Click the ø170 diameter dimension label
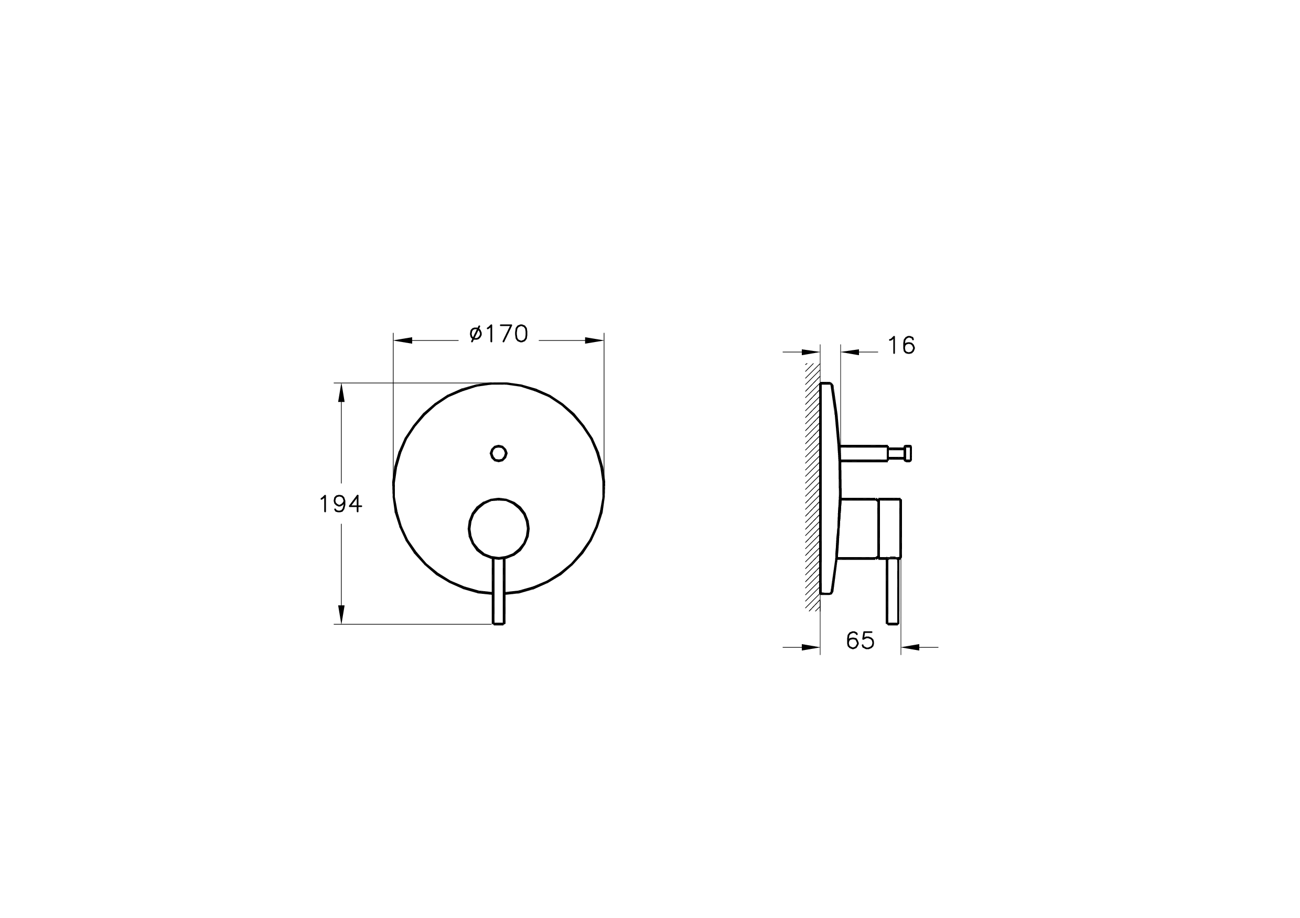pyautogui.click(x=498, y=334)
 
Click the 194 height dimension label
pyautogui.click(x=340, y=504)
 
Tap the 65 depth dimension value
pyautogui.click(x=860, y=641)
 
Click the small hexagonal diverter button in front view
pyautogui.click(x=498, y=453)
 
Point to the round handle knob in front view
pyautogui.click(x=498, y=528)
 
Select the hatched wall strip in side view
pyautogui.click(x=812, y=487)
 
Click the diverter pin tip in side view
pyautogui.click(x=908, y=453)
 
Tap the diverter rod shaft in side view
pyautogui.click(x=864, y=454)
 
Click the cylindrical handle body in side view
pyautogui.click(x=869, y=529)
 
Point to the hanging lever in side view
pyautogui.click(x=893, y=592)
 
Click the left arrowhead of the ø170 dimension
pyautogui.click(x=403, y=340)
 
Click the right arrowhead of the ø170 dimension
pyautogui.click(x=595, y=340)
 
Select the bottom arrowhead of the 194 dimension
pyautogui.click(x=341, y=614)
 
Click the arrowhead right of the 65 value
pyautogui.click(x=910, y=647)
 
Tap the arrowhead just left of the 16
pyautogui.click(x=850, y=352)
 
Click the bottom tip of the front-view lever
pyautogui.click(x=498, y=623)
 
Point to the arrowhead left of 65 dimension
pyautogui.click(x=811, y=647)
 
